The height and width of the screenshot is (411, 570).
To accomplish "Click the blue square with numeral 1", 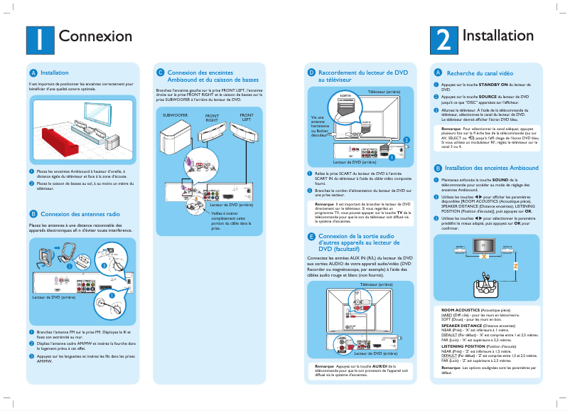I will [40, 39].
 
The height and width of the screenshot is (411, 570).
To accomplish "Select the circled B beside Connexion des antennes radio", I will [33, 213].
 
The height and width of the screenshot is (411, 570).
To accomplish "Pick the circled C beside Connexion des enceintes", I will [161, 73].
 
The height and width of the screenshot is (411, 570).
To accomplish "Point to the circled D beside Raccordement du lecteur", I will [311, 73].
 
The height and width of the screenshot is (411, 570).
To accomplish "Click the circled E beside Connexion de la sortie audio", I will [311, 236].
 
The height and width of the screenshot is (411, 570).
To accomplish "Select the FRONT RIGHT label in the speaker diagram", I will [212, 118].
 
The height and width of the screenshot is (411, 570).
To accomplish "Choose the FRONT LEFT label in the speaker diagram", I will [246, 117].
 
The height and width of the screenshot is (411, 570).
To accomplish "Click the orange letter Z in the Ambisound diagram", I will [515, 265].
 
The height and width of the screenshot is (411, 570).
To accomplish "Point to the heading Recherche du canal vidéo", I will [480, 73].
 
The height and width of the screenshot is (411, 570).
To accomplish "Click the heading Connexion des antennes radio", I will [80, 213].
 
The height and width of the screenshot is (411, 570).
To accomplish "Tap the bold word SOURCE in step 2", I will [488, 96].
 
